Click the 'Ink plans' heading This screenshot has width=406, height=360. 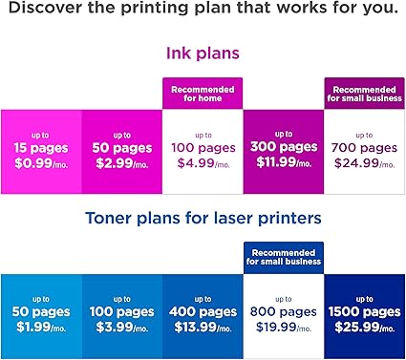[203, 54]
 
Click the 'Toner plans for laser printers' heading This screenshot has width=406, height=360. [203, 219]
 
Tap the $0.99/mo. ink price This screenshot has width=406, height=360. [40, 164]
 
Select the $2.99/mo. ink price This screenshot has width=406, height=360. [121, 164]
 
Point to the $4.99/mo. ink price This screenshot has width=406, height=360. [203, 164]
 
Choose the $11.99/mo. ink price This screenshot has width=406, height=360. [284, 164]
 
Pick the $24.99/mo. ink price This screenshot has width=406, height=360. [365, 164]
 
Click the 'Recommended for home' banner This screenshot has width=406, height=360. [203, 94]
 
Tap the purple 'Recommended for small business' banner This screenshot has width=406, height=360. [365, 94]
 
